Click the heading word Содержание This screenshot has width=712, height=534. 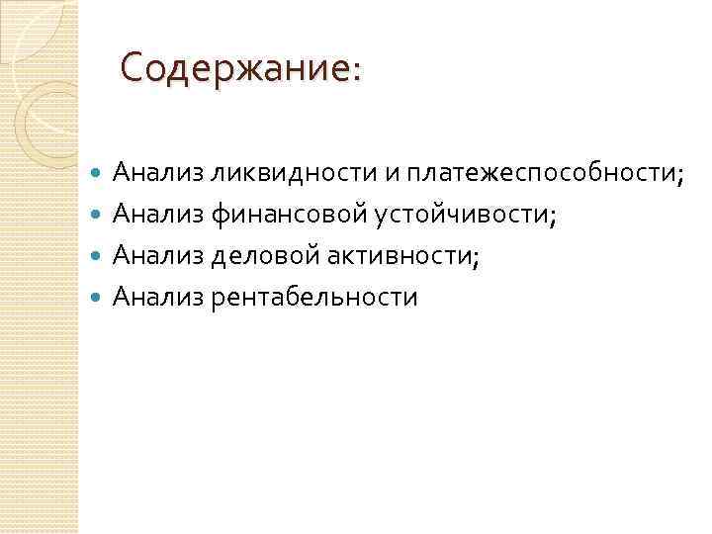pos(233,68)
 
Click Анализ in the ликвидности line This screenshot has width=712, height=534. pos(158,173)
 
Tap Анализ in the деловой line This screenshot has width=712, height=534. pos(158,256)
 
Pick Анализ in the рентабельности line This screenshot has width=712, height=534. pos(158,297)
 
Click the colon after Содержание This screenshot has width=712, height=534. pos(356,72)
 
